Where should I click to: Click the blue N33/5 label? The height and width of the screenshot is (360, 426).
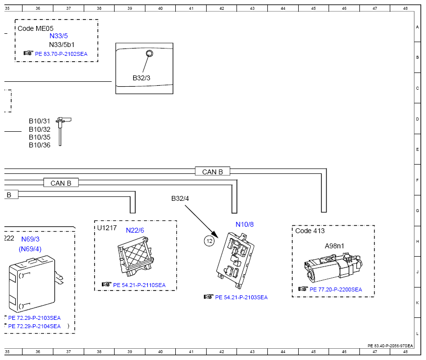58,36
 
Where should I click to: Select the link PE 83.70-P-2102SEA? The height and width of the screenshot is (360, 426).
61,54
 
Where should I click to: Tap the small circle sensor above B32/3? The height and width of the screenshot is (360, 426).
149,53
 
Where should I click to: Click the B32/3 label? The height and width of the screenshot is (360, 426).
142,78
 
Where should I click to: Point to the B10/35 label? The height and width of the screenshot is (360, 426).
40,137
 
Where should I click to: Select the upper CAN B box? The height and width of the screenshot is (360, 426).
213,171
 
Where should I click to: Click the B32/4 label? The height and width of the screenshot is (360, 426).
180,198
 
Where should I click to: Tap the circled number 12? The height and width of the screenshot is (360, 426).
209,241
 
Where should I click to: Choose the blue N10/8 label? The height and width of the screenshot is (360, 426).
244,224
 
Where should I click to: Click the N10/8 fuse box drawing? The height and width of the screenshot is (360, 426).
235,260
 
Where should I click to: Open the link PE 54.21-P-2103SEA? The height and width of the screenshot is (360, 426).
241,297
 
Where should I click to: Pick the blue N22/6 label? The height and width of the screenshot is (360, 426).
135,230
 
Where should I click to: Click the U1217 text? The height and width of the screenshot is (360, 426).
107,228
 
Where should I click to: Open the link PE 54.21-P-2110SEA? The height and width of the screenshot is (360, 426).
140,285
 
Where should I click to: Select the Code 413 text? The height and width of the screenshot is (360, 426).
310,231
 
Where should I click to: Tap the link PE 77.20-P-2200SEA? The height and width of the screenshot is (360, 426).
336,289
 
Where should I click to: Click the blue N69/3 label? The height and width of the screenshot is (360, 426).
30,239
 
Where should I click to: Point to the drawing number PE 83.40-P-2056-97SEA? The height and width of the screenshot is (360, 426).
390,346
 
